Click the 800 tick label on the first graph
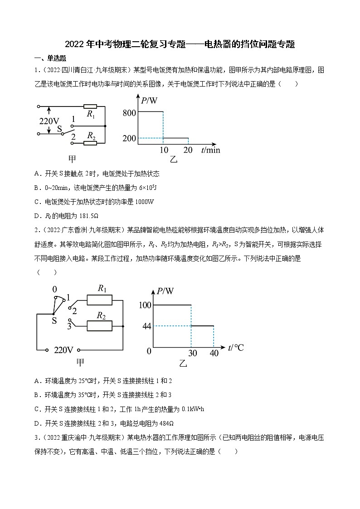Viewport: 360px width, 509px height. (129, 113)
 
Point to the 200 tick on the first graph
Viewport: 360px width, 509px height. (129, 138)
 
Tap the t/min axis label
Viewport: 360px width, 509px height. (210, 150)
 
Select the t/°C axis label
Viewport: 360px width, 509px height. (236, 348)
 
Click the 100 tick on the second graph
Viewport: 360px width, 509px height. (145, 305)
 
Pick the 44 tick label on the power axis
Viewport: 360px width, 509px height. (146, 326)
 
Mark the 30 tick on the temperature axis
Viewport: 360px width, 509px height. (193, 353)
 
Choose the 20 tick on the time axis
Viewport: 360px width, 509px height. (187, 150)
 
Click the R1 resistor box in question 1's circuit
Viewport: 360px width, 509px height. (90, 107)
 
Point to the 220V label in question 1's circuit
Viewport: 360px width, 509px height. (49, 121)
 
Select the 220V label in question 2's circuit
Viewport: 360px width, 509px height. (63, 350)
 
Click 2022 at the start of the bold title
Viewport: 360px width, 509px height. (74, 44)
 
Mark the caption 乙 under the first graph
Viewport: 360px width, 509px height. (174, 160)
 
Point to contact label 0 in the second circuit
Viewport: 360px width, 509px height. (54, 289)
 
